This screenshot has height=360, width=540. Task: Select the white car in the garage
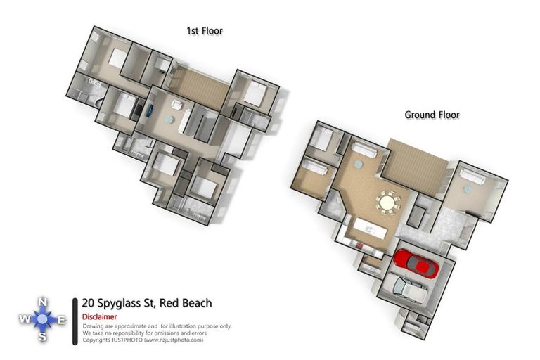tap(409, 288)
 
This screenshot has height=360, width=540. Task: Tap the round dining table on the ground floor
tap(387, 202)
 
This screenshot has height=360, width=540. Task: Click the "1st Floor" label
tap(205, 31)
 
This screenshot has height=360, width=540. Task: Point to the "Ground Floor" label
tap(432, 115)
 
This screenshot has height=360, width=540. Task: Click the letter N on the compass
tap(42, 302)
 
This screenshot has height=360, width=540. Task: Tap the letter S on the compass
tap(42, 337)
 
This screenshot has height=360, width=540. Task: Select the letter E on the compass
tap(61, 320)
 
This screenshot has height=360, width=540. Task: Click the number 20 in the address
tap(89, 303)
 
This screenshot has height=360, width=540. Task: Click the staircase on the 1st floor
tap(200, 87)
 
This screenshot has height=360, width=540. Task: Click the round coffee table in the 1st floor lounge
tap(169, 120)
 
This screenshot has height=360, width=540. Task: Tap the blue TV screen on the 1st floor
tap(149, 110)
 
